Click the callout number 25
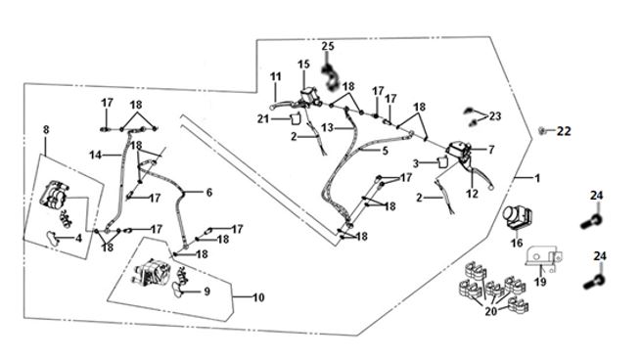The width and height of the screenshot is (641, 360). point(328,46)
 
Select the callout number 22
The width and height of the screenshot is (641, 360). point(564,131)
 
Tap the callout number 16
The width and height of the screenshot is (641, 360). point(517,243)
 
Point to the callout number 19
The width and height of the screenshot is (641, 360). point(540,282)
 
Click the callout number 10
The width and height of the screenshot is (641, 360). point(258,297)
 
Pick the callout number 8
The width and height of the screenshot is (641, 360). point(46,129)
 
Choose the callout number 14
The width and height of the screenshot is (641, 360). point(95,155)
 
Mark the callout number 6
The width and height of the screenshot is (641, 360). point(209,192)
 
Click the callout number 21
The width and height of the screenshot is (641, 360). point(263,118)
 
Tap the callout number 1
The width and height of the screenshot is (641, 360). point(538,178)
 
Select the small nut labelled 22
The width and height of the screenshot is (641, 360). point(541,130)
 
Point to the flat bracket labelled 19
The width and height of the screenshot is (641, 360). point(544,258)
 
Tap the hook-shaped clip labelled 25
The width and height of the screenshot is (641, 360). point(330,77)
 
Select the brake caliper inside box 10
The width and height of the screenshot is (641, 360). point(152,273)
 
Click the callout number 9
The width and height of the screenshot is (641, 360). point(206,292)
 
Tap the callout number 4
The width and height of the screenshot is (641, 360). point(78,238)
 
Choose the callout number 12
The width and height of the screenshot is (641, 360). point(472,194)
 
